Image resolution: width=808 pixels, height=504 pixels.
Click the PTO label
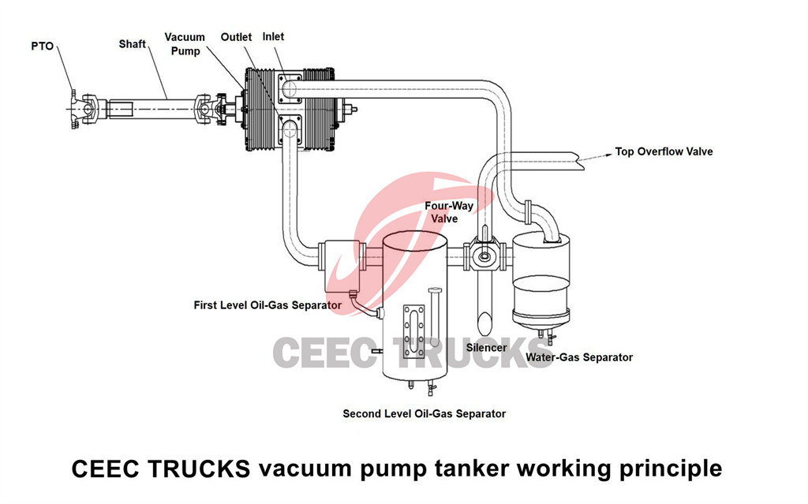[x=43, y=47]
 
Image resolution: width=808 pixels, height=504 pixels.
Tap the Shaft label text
[x=133, y=43]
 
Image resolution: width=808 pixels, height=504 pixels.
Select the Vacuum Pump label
[x=185, y=44]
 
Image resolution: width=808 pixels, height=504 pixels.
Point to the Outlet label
[x=236, y=37]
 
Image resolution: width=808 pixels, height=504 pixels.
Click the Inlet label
[x=274, y=37]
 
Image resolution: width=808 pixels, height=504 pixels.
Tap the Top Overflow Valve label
[x=664, y=151]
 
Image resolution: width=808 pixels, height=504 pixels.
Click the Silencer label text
[x=487, y=346]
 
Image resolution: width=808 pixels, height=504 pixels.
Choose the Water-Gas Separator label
[x=579, y=357]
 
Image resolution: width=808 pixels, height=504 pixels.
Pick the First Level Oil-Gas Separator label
[x=267, y=304]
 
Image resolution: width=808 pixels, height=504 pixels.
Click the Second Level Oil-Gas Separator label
[x=424, y=413]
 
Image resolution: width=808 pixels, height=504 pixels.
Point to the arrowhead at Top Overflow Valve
[x=607, y=154]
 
